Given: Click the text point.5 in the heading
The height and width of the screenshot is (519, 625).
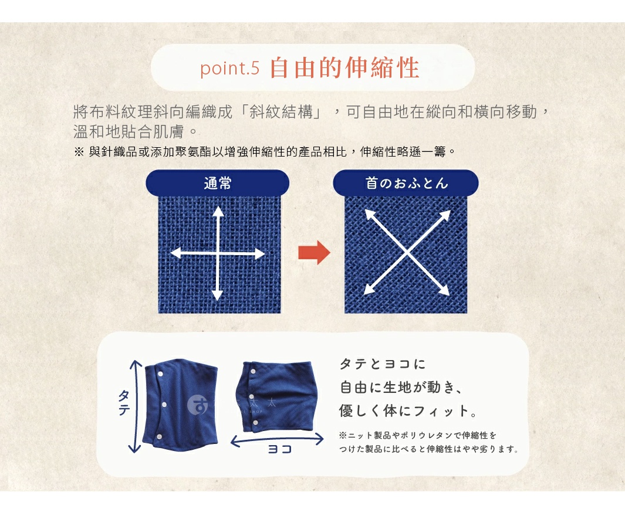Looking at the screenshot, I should click(229, 69).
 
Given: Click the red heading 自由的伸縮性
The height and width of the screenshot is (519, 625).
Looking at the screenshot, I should click(344, 68).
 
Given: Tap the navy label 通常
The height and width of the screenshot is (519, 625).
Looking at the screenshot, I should click(217, 183).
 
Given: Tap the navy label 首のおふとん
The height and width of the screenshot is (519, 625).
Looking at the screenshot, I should click(406, 183).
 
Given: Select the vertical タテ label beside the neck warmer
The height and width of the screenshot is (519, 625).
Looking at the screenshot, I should click(123, 403).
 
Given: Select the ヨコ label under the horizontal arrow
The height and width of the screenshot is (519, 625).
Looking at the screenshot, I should click(279, 450).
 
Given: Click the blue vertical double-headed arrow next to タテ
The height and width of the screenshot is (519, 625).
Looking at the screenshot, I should click(136, 406).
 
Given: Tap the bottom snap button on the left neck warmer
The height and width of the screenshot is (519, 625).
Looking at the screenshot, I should click(161, 436).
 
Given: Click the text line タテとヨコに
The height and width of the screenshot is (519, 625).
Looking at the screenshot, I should click(382, 364).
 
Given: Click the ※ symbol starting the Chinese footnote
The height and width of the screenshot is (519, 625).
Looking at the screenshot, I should click(79, 152).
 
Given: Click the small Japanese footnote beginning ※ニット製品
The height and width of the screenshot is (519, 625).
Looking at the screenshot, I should click(418, 436).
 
